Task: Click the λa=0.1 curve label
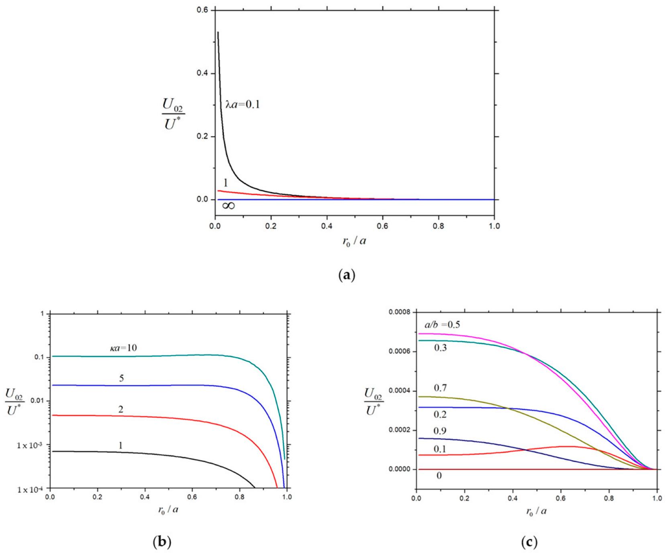243,105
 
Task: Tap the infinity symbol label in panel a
229,206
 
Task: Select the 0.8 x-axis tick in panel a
438,226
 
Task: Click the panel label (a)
347,275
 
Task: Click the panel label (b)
162,542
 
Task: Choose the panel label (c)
529,542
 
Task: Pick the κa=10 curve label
123,347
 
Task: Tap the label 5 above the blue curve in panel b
121,378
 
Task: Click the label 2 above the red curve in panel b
121,409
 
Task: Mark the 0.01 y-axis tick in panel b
37,401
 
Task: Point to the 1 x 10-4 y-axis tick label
29,489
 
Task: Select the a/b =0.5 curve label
442,325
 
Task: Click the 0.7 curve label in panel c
440,388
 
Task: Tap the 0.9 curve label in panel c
440,431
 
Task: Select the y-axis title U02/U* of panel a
173,114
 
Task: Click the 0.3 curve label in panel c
440,347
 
